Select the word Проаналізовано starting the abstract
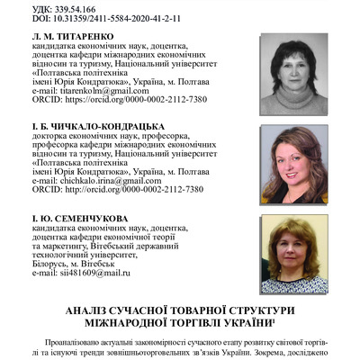[83, 343]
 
